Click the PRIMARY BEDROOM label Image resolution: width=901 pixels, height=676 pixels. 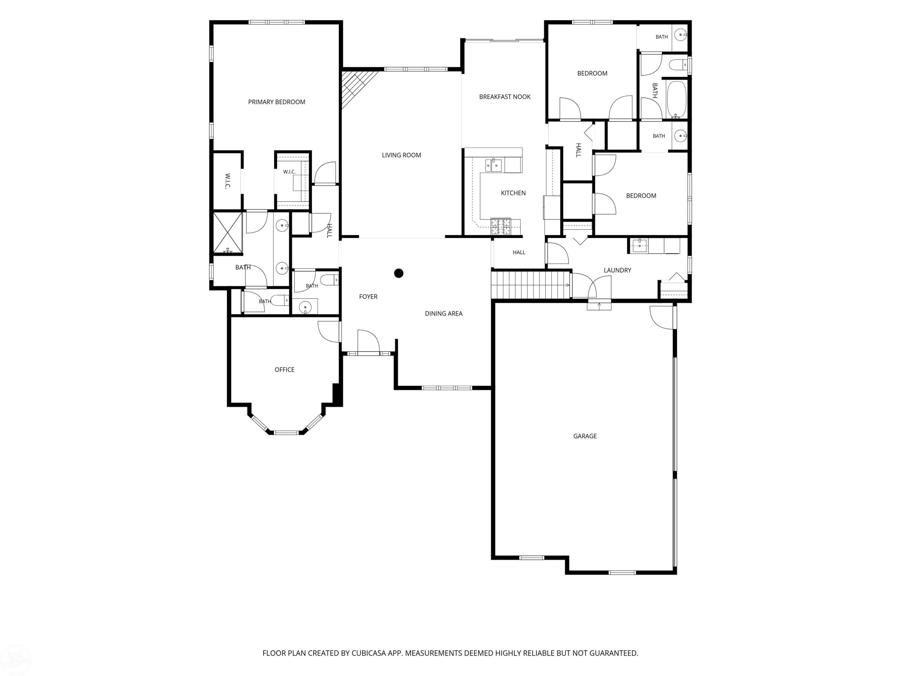tap(277, 102)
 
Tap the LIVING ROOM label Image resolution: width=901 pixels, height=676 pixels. tap(401, 155)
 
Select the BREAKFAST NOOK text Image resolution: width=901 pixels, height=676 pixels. tap(505, 96)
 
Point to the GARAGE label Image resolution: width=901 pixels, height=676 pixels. tap(585, 436)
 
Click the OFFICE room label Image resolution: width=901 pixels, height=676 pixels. tap(284, 370)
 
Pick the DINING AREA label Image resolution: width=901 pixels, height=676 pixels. tap(444, 313)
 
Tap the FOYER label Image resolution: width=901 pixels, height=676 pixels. tap(368, 297)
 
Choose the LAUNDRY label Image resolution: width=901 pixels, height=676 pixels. tap(617, 270)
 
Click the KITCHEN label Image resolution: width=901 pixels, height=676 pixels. tap(513, 193)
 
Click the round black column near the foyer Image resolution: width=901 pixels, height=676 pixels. tap(399, 273)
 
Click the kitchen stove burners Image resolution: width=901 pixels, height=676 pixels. tap(501, 226)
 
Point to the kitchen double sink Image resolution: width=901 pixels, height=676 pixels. tap(493, 166)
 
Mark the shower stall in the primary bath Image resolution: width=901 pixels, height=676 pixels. tap(228, 233)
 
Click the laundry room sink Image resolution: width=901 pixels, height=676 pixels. tap(639, 246)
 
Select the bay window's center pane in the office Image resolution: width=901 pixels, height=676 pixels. tap(286, 432)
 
